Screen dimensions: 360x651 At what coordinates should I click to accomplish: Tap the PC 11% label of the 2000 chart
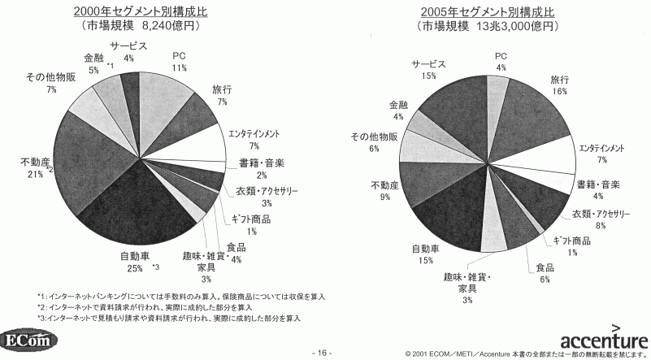click(180, 61)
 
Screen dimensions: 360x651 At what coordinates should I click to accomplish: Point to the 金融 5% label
click(93, 64)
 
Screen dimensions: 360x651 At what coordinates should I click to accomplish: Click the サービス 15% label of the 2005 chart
click(428, 69)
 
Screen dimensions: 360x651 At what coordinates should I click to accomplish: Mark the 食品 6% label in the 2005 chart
click(544, 273)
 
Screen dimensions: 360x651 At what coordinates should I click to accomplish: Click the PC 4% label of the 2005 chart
click(501, 61)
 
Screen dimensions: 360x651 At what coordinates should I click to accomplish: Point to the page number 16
click(323, 353)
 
